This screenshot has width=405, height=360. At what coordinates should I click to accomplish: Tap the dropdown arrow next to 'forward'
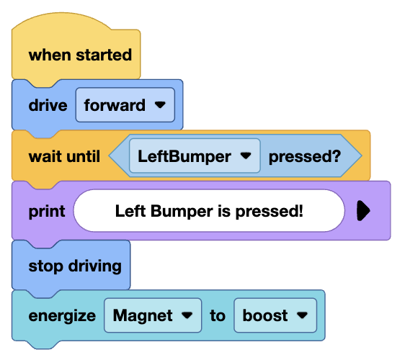pyautogui.click(x=160, y=106)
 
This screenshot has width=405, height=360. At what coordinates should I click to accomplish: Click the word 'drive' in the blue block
pyautogui.click(x=48, y=105)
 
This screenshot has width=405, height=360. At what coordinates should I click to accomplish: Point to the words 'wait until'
pyautogui.click(x=64, y=156)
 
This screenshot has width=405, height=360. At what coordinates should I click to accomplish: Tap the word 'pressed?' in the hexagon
pyautogui.click(x=304, y=156)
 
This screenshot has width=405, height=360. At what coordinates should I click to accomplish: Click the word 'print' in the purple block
pyautogui.click(x=47, y=211)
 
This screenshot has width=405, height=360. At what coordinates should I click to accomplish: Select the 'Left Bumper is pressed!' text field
pyautogui.click(x=209, y=211)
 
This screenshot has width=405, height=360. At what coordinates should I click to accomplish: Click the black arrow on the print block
pyautogui.click(x=363, y=210)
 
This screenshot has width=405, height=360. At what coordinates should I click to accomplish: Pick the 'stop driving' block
pyautogui.click(x=74, y=266)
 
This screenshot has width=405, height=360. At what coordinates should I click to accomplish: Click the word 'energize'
pyautogui.click(x=62, y=315)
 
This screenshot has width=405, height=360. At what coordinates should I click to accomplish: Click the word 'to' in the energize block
pyautogui.click(x=217, y=315)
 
